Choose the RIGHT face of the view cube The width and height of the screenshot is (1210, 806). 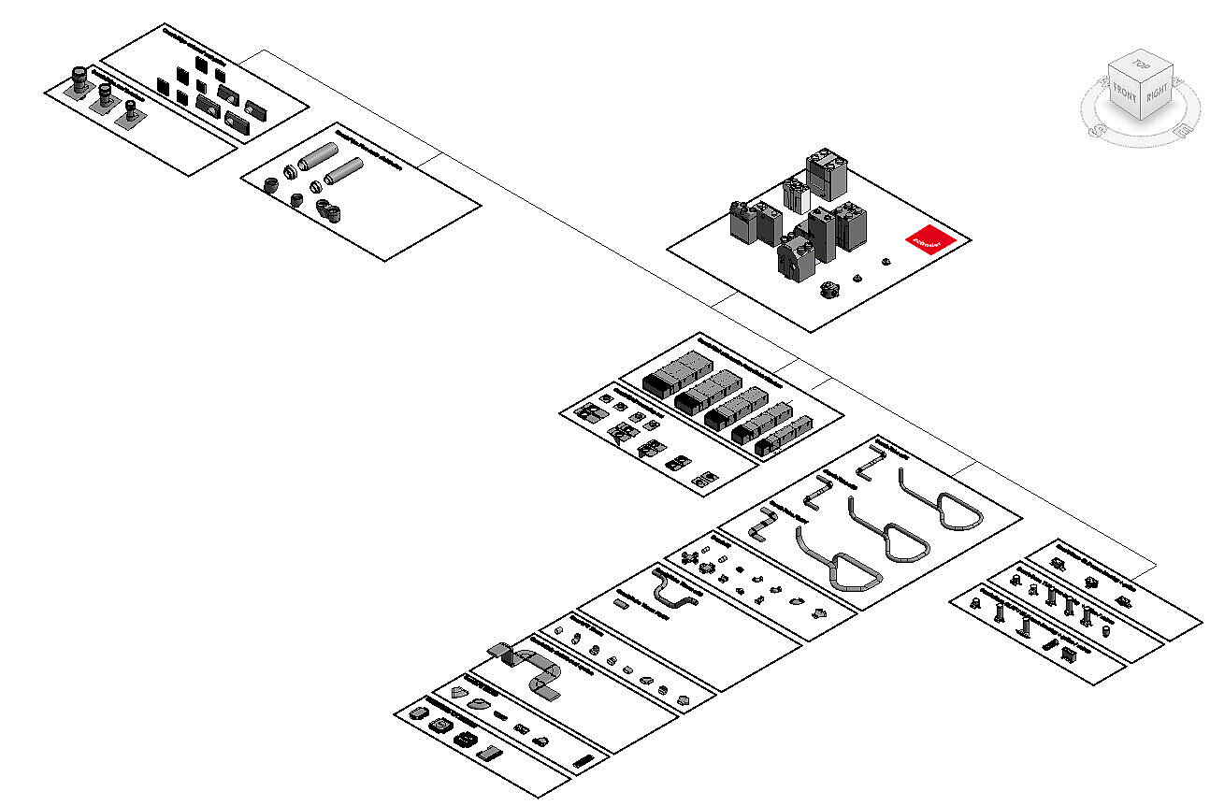1157,94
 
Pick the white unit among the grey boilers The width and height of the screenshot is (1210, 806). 796,196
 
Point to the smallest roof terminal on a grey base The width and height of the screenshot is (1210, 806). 129,112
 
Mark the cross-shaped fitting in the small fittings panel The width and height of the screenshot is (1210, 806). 691,559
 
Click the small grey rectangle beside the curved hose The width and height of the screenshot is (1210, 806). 623,605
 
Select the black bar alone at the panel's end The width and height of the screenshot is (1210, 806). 583,761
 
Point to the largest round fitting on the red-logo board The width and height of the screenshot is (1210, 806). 828,289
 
